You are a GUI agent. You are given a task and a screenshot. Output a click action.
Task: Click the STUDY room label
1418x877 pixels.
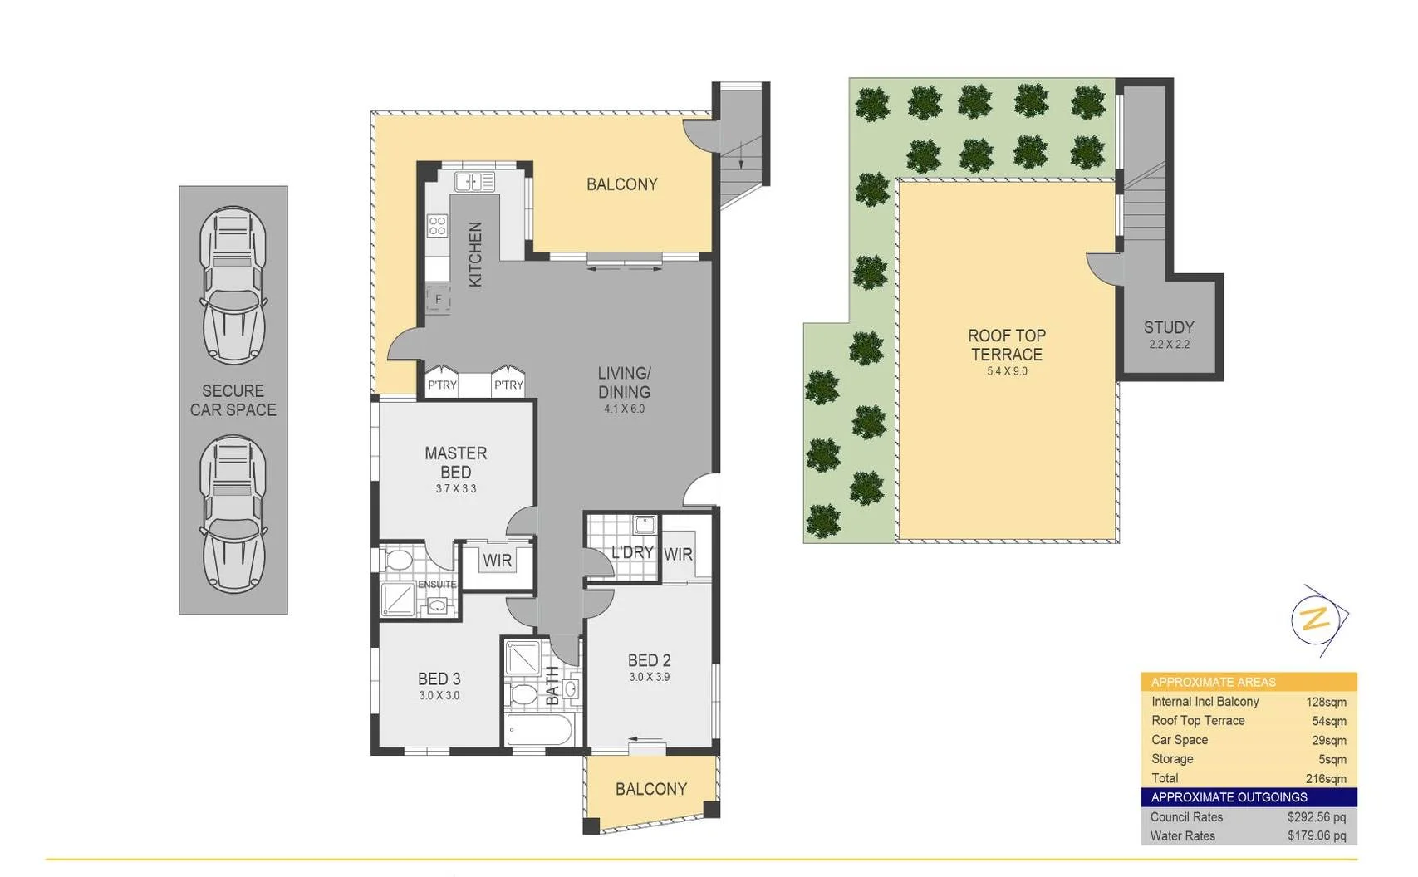tap(1168, 327)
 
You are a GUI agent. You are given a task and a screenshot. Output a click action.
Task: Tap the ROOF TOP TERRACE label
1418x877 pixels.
tap(1006, 345)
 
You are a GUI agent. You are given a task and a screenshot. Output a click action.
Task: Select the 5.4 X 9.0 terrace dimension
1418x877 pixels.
tap(1007, 371)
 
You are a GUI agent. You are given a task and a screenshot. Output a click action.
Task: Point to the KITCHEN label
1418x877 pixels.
tap(475, 254)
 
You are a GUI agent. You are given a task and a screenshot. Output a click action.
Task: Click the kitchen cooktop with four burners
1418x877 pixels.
tap(437, 225)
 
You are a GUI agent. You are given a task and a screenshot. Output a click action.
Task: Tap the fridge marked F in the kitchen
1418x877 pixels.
tap(438, 299)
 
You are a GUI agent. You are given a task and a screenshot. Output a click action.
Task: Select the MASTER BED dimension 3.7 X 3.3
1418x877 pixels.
tap(456, 489)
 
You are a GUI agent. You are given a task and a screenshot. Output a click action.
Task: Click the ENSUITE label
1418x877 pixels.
tap(437, 585)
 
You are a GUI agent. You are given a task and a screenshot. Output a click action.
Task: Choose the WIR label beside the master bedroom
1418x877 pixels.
tap(497, 561)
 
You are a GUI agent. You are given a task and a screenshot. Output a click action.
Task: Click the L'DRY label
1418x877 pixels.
tap(631, 552)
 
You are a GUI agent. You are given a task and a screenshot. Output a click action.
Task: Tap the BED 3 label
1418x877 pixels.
tap(439, 679)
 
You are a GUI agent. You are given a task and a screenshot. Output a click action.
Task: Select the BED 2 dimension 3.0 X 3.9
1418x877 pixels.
tap(649, 677)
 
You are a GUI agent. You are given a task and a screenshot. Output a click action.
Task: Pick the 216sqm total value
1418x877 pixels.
tap(1325, 779)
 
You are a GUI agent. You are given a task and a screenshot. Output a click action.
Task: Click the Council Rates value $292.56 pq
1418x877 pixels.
tap(1316, 817)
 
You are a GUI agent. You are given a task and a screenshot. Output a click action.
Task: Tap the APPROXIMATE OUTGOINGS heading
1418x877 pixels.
tap(1229, 797)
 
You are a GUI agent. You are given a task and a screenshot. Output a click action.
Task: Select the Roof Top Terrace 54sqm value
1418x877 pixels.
tap(1328, 722)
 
